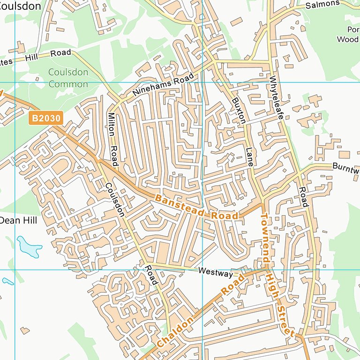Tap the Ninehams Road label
point(163,85)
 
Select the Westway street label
point(215,272)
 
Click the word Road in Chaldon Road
point(233,285)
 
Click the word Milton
point(111,124)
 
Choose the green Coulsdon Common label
point(68,78)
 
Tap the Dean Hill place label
point(18,220)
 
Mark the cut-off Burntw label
point(345,167)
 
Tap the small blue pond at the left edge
point(7,281)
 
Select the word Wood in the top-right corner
point(347,39)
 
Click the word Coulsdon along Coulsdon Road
point(115,199)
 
